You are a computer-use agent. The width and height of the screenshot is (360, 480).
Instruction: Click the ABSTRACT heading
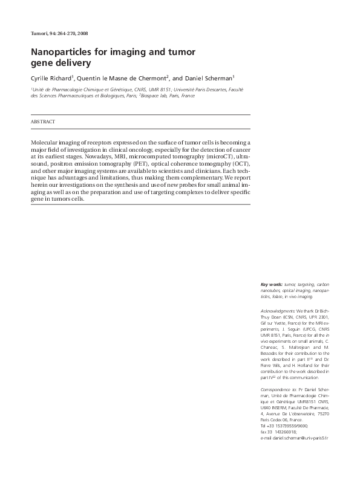pyautogui.click(x=43, y=122)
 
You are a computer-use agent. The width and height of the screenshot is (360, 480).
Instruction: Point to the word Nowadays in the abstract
pyautogui.click(x=90, y=157)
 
